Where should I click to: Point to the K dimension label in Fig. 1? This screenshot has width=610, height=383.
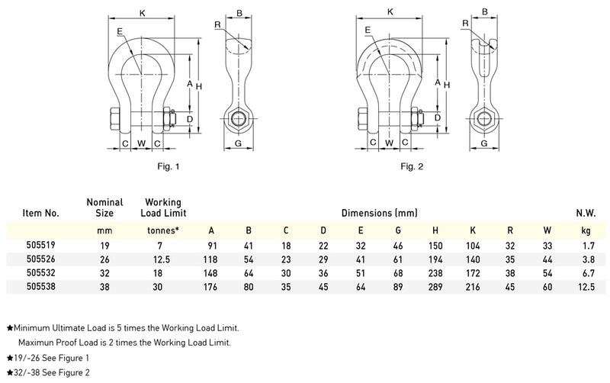pyautogui.click(x=142, y=12)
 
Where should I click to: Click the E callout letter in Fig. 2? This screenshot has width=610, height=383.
pyautogui.click(x=368, y=30)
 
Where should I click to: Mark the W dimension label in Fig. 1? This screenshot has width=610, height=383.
pyautogui.click(x=141, y=143)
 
